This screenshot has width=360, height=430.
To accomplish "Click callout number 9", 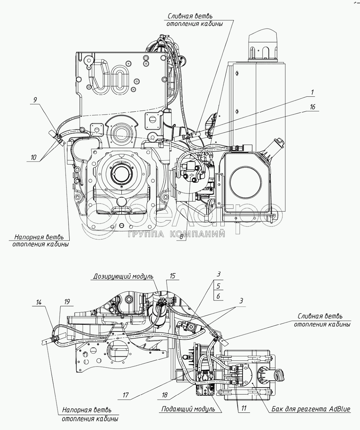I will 35,100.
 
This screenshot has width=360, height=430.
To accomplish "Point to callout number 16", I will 312,107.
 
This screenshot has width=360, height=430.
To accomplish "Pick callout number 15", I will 172,276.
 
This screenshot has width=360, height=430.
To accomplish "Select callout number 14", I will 39,303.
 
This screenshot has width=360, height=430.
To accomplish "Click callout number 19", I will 67,303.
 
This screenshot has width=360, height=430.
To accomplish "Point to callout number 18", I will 164,395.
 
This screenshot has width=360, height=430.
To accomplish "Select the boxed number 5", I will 218,285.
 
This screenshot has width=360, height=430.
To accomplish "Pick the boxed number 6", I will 218,296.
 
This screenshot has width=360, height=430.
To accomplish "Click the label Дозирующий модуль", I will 124,277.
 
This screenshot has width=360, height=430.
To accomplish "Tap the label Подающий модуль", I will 188,409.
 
